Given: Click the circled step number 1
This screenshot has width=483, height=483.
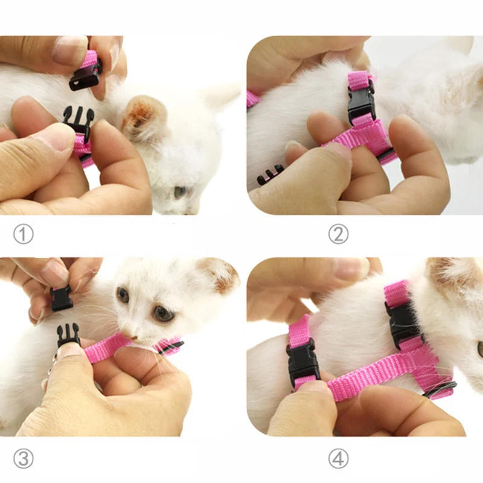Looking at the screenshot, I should click(23, 234).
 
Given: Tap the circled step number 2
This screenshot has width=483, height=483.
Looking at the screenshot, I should click(338, 234).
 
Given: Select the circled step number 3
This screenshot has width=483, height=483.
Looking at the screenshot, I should click(23, 459).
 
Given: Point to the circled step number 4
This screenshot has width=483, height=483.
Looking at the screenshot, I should click(338, 459).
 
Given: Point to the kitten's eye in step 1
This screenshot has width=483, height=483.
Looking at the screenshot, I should click(180, 192).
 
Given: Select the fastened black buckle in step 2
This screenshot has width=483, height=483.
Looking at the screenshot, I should click(361, 103).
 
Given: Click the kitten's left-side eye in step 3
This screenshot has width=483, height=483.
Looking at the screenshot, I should click(123, 295).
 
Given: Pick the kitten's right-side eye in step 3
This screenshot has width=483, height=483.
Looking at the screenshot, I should click(161, 313).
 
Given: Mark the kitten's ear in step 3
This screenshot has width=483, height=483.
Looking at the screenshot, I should click(217, 275).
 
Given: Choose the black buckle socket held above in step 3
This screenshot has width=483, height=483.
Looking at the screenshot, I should click(62, 298).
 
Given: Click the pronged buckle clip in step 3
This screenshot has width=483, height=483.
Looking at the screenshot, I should click(68, 334).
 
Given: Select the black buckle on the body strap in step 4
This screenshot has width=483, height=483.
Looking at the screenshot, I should click(302, 362).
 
